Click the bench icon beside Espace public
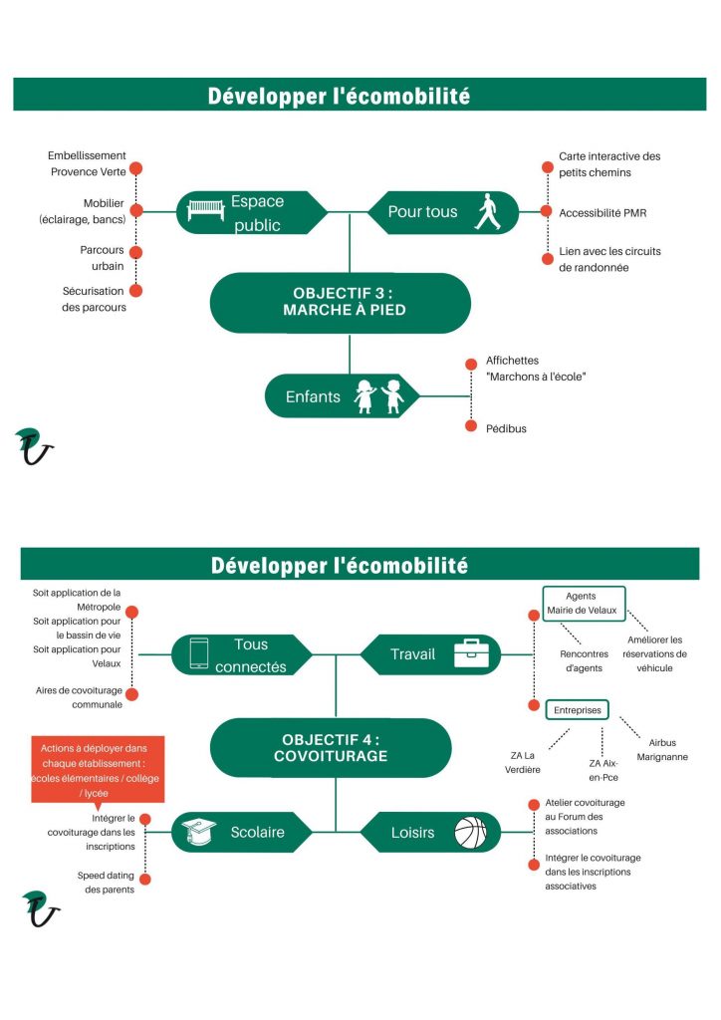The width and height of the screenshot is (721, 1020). [x=206, y=211]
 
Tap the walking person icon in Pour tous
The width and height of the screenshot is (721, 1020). [x=488, y=212]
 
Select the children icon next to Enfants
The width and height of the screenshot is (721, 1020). [x=379, y=396]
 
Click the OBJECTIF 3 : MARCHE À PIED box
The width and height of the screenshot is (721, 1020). [x=340, y=303]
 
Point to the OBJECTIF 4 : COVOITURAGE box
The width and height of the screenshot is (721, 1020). [x=331, y=747]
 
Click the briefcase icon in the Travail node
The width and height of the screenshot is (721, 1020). [x=471, y=653]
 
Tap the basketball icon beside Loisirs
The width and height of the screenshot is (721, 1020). [x=470, y=833]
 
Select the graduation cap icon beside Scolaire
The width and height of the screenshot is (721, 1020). [x=198, y=832]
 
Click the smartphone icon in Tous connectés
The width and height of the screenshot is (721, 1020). [x=199, y=653]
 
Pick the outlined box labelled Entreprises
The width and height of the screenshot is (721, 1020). [x=578, y=709]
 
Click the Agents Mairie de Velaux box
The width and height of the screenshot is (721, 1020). [x=584, y=604]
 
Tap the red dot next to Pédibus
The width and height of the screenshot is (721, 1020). [x=471, y=426]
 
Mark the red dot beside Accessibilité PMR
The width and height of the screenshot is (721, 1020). [x=547, y=211]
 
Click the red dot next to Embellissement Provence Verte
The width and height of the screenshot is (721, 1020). [x=135, y=169]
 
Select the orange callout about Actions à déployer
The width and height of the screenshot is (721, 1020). [x=98, y=770]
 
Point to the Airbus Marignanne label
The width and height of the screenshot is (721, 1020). [x=662, y=749]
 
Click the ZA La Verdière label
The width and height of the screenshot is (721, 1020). [x=522, y=762]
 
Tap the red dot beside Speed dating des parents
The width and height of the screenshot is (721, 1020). [x=145, y=880]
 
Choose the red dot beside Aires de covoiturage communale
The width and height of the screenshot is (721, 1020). [x=132, y=694]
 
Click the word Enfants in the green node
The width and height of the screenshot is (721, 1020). [x=313, y=396]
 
